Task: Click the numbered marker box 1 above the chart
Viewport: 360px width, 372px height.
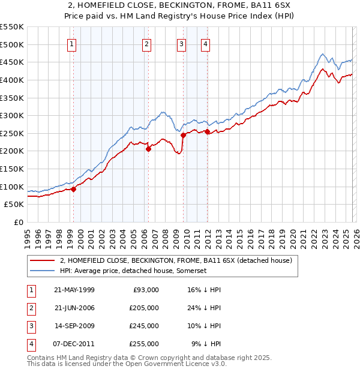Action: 72,43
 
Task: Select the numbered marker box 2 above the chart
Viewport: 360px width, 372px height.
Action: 146,43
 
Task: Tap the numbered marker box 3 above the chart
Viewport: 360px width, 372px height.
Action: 181,43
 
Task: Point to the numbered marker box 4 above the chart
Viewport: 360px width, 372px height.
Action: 205,43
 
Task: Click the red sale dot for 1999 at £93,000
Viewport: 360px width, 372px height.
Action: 73,189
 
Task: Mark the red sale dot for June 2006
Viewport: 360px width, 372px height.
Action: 148,149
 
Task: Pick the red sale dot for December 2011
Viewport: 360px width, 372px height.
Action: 206,131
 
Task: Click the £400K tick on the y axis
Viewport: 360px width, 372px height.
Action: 12,80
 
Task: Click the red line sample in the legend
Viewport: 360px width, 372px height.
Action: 42,260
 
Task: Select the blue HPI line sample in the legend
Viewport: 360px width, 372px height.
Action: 42,271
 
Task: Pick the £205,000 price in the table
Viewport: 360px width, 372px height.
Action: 143,308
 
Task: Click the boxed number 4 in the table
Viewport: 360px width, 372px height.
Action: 31,344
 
